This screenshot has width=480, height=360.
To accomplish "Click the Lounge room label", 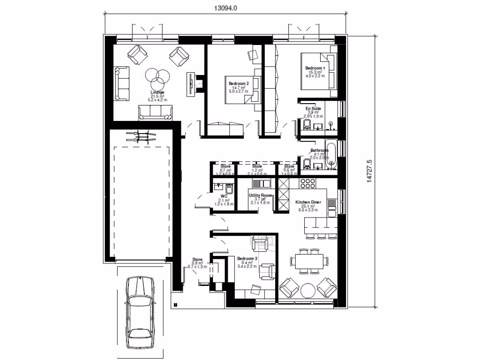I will [157, 92].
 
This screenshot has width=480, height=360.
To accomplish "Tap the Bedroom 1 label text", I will [315, 68].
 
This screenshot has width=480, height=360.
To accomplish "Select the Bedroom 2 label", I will [238, 83].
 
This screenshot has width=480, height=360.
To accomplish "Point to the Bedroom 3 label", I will [247, 259].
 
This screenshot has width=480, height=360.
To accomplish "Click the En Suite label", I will [313, 108].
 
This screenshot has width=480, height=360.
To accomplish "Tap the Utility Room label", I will [260, 195].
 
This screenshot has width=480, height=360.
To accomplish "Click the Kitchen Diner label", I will [308, 202].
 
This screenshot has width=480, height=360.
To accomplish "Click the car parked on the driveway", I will [139, 312].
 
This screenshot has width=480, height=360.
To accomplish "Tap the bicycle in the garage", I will [141, 136].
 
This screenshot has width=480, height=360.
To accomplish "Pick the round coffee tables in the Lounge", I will [157, 78].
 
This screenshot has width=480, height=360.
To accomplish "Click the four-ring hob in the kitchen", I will [307, 183].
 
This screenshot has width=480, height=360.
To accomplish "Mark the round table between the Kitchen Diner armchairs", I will [308, 290].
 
